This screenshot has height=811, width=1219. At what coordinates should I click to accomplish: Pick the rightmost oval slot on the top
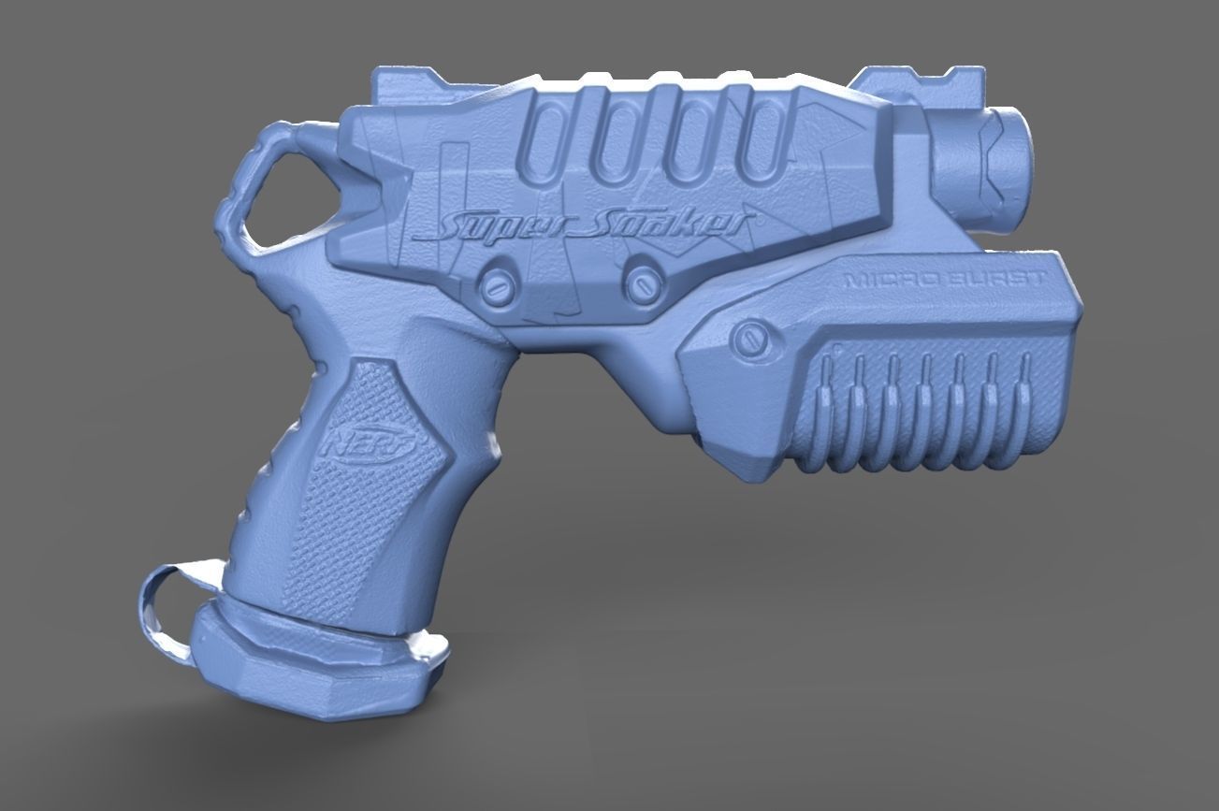pos(765,141)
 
